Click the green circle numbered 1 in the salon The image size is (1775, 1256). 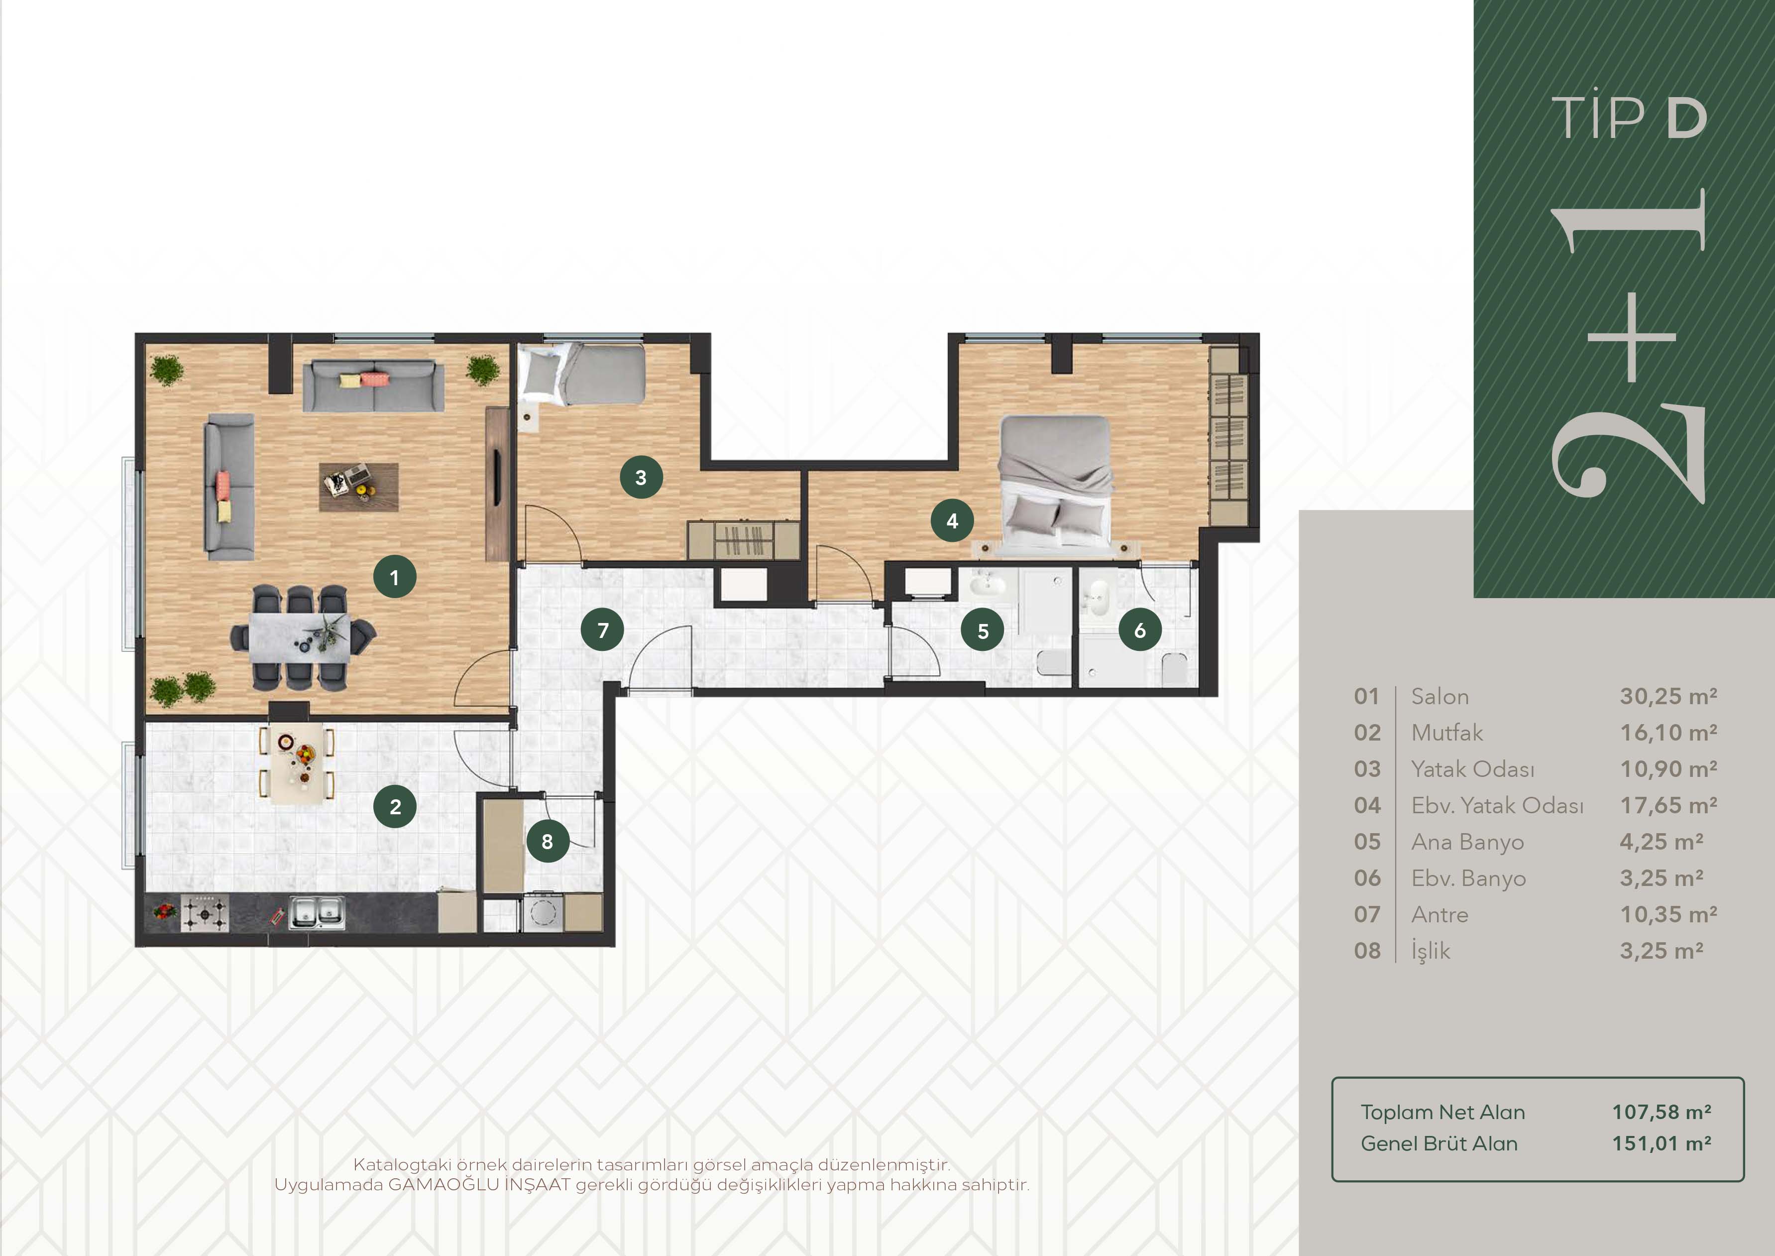coord(394,577)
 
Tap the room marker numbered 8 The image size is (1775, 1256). coord(548,842)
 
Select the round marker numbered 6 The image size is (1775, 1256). coord(1139,630)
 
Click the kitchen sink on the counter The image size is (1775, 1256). coord(317,912)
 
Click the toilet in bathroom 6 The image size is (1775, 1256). coord(1174,669)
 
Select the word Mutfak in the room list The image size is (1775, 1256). coord(1447,733)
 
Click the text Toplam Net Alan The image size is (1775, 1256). coord(1442,1112)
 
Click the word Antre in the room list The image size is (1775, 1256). coord(1440,914)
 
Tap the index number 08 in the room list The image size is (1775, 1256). coord(1367,951)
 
